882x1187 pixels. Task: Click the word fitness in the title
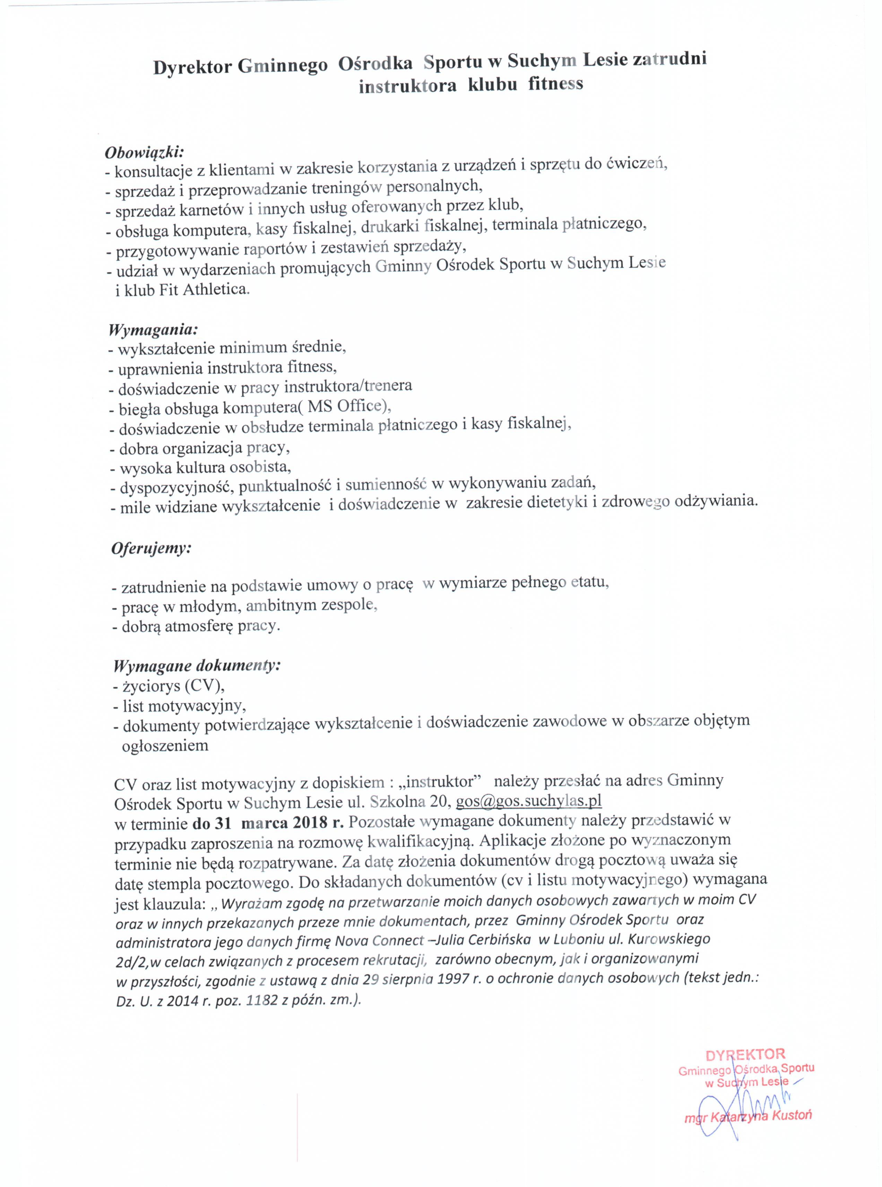click(556, 84)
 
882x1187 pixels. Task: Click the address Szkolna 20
click(412, 802)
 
